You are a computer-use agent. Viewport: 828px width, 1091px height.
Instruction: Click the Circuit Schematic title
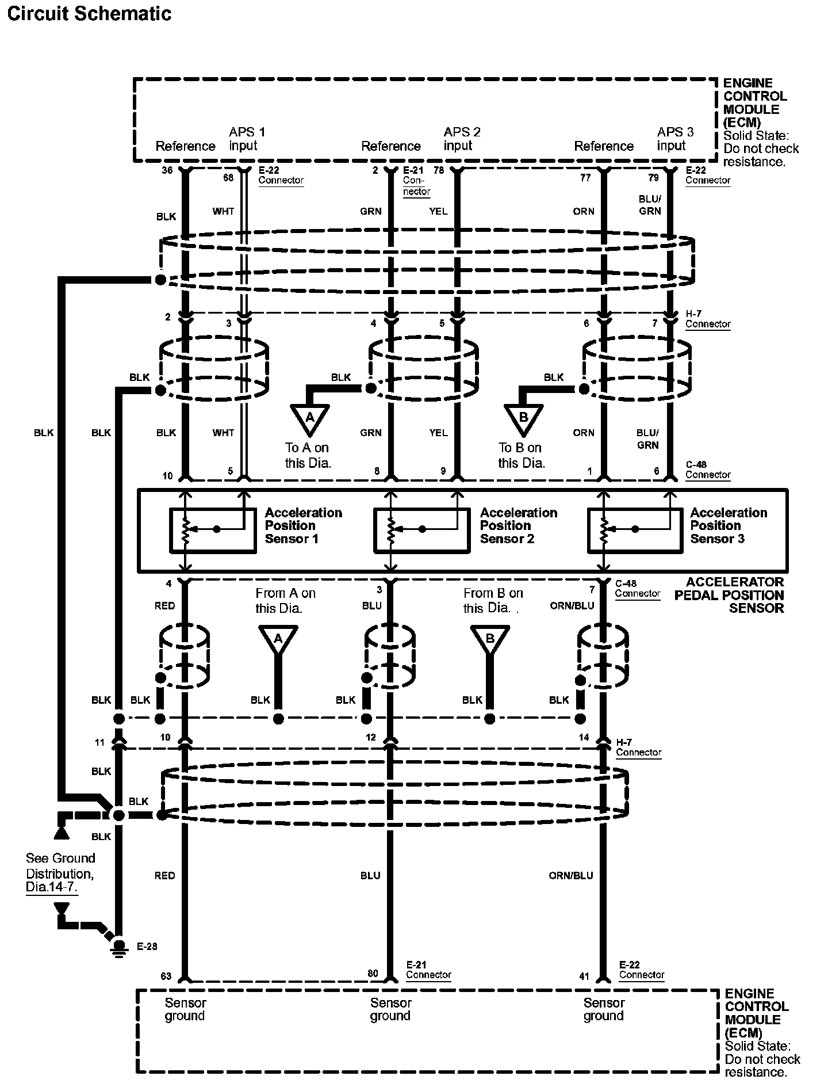click(89, 13)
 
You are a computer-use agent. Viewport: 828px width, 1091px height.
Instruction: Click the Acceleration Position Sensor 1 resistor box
click(213, 531)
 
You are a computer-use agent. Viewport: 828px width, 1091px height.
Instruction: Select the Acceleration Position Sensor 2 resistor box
click(422, 531)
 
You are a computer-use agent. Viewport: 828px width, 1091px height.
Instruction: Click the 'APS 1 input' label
click(247, 139)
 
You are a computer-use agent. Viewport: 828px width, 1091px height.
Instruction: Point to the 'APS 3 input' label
click(676, 139)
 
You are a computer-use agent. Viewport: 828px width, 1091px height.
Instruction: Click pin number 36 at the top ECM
click(167, 170)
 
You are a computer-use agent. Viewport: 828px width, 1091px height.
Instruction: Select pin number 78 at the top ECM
click(439, 170)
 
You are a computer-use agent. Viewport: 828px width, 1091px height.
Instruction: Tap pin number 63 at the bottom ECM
click(166, 976)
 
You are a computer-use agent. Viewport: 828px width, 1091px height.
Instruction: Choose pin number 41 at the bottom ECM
click(584, 976)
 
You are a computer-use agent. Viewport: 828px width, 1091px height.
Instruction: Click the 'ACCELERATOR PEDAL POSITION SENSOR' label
click(729, 595)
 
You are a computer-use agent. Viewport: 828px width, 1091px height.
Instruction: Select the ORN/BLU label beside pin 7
click(572, 606)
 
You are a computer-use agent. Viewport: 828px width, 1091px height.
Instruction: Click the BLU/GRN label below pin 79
click(650, 205)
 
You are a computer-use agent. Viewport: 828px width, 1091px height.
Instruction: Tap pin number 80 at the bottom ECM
click(373, 974)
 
